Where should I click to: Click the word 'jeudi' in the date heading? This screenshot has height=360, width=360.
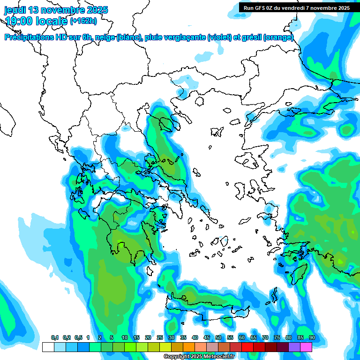pyautogui.click(x=15, y=10)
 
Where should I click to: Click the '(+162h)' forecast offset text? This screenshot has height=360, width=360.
pyautogui.click(x=83, y=21)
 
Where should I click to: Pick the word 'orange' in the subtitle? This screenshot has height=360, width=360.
pyautogui.click(x=278, y=37)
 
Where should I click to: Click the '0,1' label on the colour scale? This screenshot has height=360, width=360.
pyautogui.click(x=55, y=338)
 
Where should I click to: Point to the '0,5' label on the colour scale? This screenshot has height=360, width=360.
pyautogui.click(x=78, y=338)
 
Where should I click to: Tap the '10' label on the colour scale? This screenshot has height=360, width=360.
pyautogui.click(x=124, y=338)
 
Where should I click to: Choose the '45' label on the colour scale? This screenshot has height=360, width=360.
pyautogui.click(x=207, y=338)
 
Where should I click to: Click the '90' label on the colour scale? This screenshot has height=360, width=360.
pyautogui.click(x=312, y=338)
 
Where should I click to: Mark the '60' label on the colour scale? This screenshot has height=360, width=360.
pyautogui.click(x=241, y=338)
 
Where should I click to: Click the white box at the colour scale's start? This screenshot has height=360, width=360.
pyautogui.click(x=48, y=347)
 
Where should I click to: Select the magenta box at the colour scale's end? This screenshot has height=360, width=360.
pyautogui.click(x=306, y=347)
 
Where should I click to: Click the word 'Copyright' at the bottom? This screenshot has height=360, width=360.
pyautogui.click(x=177, y=357)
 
